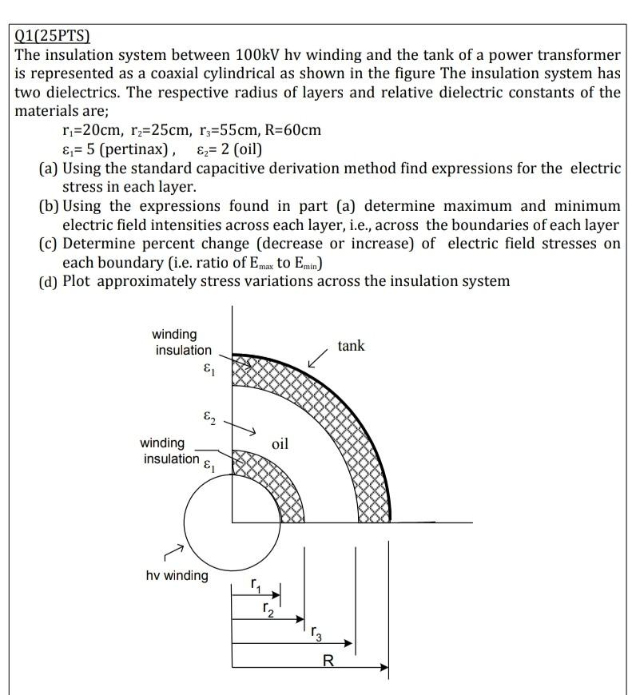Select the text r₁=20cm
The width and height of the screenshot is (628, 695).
91,129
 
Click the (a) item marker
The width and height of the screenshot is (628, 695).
49,169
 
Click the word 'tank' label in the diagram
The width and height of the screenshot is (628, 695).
351,346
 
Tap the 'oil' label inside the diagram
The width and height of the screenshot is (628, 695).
280,443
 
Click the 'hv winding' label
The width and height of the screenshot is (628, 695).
177,575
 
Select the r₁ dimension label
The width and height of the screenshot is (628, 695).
255,586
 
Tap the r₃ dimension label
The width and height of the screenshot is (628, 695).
316,635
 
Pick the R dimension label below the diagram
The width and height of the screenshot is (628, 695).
328,660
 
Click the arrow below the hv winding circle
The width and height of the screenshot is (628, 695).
173,552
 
